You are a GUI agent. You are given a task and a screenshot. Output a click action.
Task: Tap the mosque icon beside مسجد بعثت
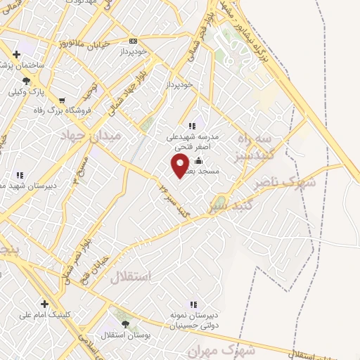pos(198,160)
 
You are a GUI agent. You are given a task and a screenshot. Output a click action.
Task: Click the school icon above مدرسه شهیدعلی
pos(192,127)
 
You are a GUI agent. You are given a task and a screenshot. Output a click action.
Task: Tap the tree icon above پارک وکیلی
pos(26,81)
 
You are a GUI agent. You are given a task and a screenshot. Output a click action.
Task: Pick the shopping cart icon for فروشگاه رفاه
pos(62,100)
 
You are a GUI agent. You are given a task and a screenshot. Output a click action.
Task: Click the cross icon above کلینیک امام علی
pos(44,304)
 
